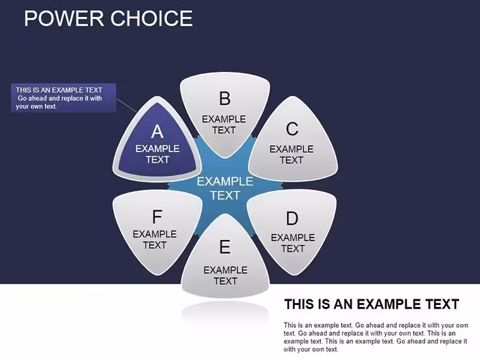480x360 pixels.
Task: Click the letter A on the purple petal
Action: coord(157,131)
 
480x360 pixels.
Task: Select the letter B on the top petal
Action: coord(225,99)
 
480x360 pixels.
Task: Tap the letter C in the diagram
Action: coord(292,129)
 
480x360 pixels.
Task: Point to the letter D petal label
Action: coord(292,219)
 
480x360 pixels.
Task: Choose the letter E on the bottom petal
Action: coord(225,246)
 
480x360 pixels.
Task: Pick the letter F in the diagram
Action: coord(157,217)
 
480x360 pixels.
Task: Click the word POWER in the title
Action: coord(64,18)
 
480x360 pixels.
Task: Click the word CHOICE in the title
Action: coord(151,18)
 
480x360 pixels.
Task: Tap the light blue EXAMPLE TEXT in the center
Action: coord(225,188)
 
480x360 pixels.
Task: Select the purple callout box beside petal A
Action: coord(64,98)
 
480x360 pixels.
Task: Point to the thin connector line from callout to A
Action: coord(126,105)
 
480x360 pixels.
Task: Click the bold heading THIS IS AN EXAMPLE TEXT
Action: coord(371,304)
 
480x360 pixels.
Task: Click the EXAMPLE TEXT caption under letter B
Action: coord(224,124)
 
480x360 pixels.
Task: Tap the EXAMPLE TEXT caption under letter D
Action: coord(293,243)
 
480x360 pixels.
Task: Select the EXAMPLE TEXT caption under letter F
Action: coord(155,239)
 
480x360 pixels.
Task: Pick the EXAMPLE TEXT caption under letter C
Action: coord(291,154)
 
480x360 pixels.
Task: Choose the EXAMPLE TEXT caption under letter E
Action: coord(225,275)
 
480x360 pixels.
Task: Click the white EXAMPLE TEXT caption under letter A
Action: coord(157,154)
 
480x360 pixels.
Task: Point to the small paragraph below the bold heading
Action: coord(376,337)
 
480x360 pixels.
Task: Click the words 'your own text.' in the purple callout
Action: coord(36,107)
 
